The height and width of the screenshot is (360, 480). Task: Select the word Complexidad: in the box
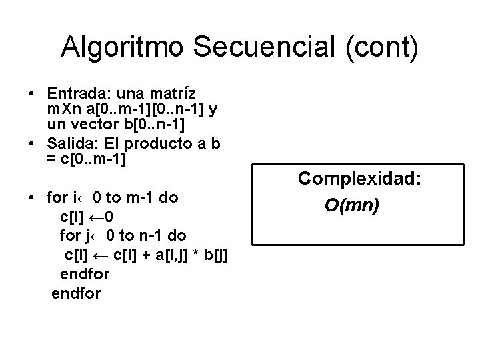pyautogui.click(x=354, y=178)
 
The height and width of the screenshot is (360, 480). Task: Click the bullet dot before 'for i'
pyautogui.click(x=31, y=198)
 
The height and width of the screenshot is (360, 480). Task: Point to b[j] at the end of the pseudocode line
pyautogui.click(x=218, y=255)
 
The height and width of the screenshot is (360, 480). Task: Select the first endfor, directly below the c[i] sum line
pyautogui.click(x=85, y=273)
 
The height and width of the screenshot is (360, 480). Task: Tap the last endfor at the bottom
pyautogui.click(x=76, y=293)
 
